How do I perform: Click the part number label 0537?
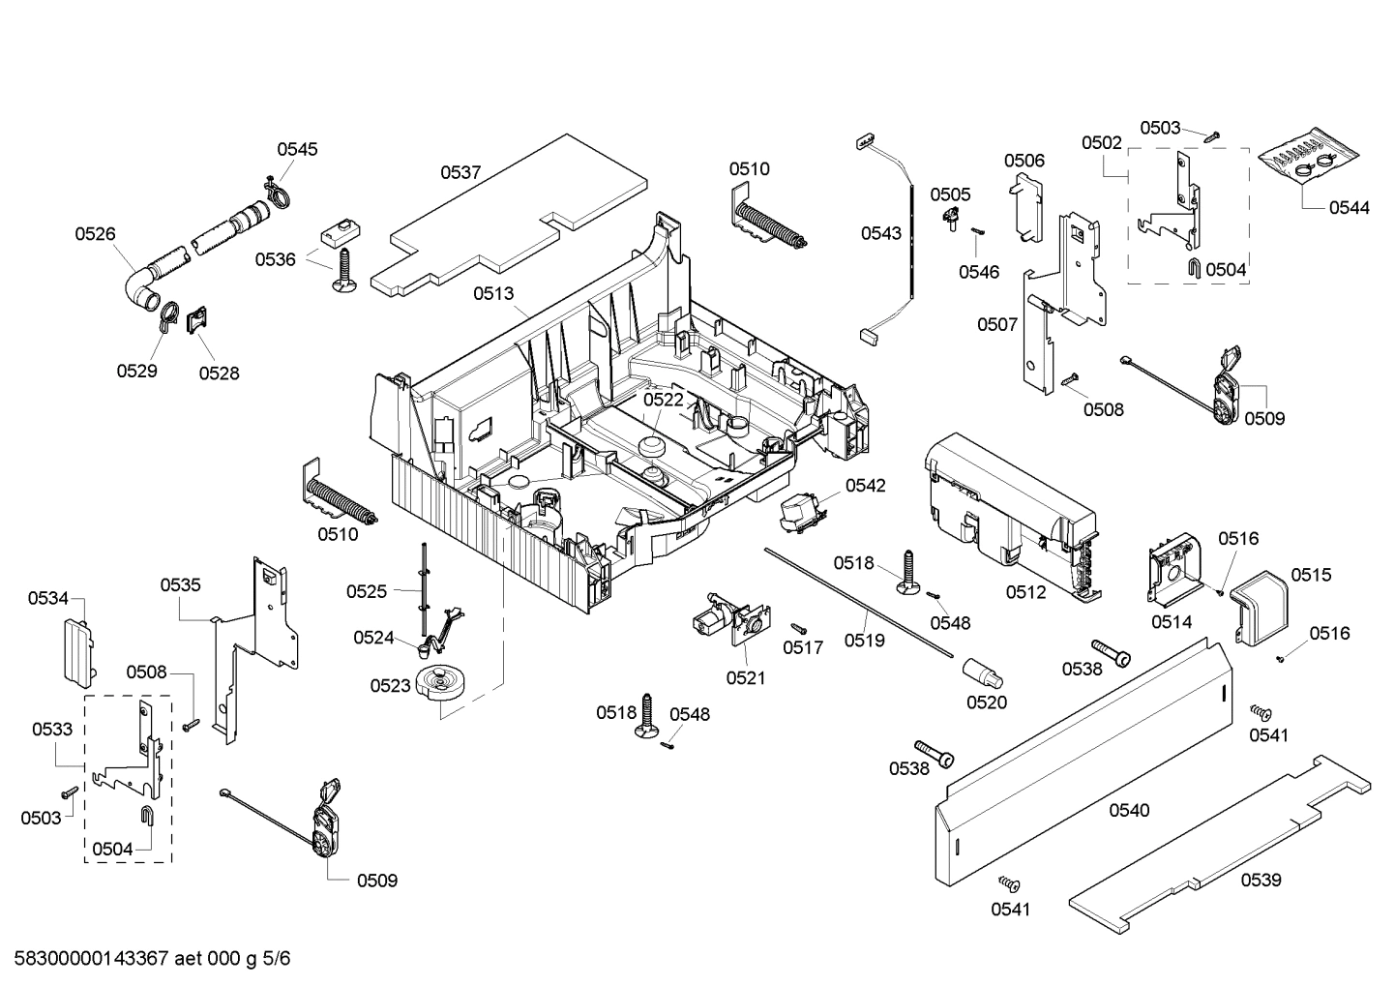pyautogui.click(x=460, y=173)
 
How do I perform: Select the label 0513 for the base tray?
pyautogui.click(x=493, y=294)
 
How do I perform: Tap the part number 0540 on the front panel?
pyautogui.click(x=1129, y=810)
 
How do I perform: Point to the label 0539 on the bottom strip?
pyautogui.click(x=1261, y=880)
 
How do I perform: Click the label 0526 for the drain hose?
pyautogui.click(x=95, y=233)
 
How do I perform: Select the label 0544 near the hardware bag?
pyautogui.click(x=1349, y=207)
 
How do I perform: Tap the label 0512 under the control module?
pyautogui.click(x=1025, y=592)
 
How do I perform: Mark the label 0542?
pyautogui.click(x=865, y=486)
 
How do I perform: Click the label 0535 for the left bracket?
pyautogui.click(x=180, y=584)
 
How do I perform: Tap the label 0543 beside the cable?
pyautogui.click(x=880, y=233)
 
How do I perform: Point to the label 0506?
pyautogui.click(x=1024, y=161)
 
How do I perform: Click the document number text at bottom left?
pyautogui.click(x=146, y=959)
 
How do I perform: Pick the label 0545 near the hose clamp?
pyautogui.click(x=297, y=149)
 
